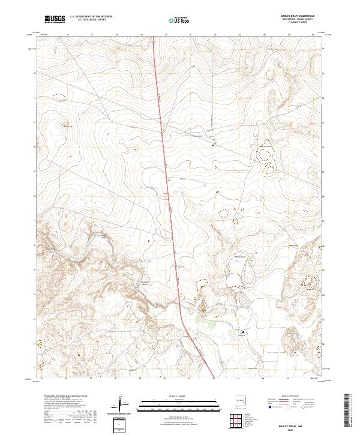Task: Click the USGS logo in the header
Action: coord(55,19)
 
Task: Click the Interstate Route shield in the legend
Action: coord(267,405)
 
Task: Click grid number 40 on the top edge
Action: coord(166,35)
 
